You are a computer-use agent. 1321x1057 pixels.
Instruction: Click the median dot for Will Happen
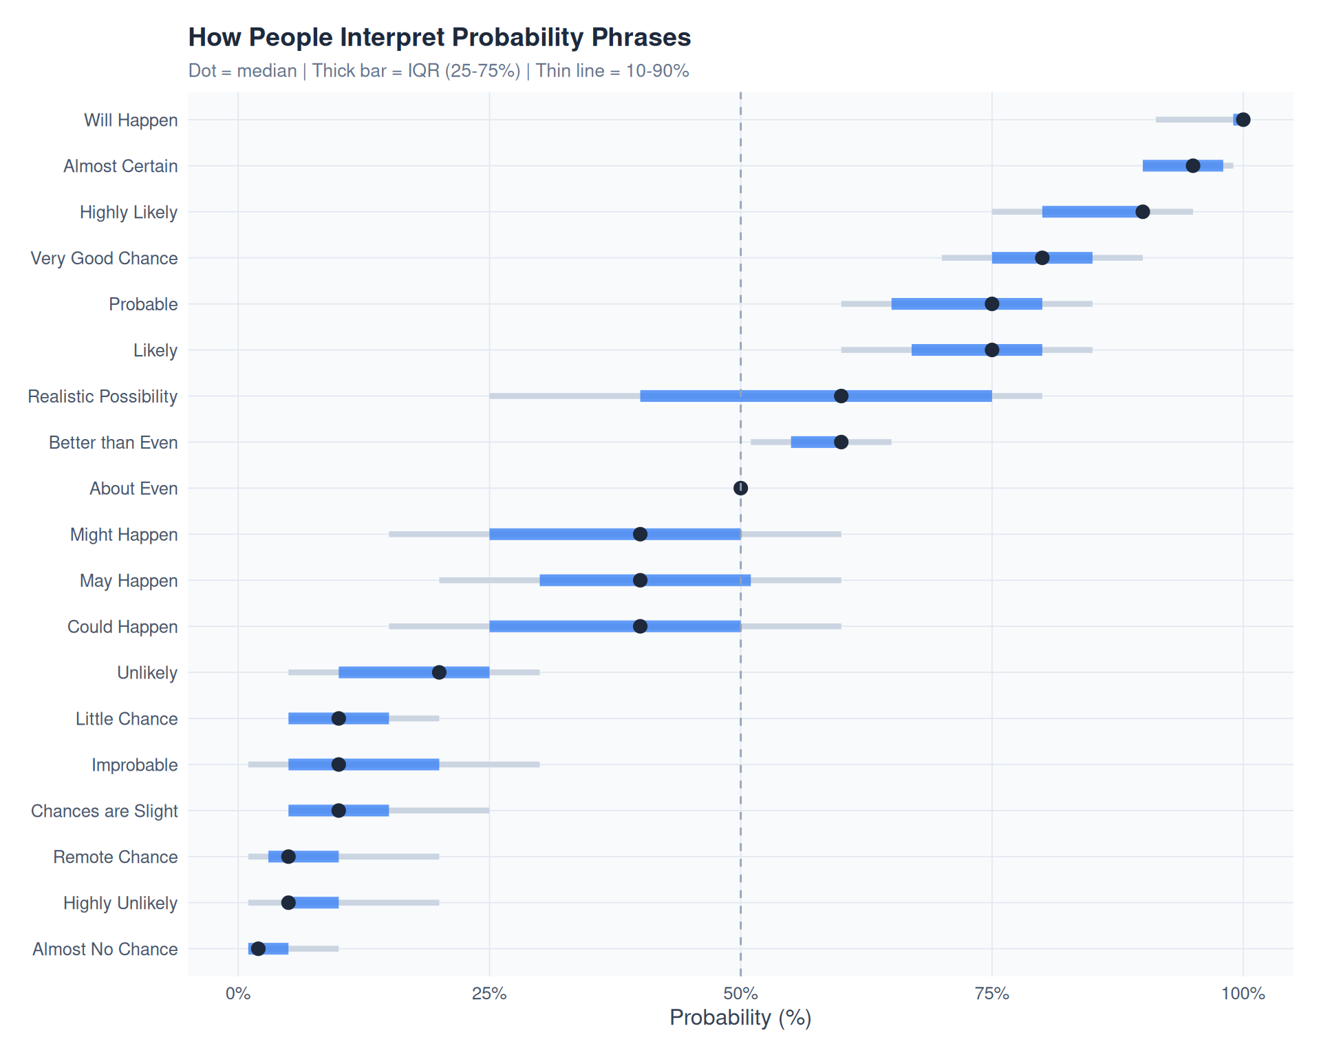point(1243,120)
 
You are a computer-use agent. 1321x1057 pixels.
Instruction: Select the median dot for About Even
point(740,488)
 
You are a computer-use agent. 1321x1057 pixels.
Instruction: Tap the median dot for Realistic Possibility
point(841,396)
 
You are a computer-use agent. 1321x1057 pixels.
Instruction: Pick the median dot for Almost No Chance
point(258,949)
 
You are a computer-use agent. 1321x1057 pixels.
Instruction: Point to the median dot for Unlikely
point(439,672)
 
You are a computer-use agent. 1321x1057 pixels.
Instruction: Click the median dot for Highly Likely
point(1142,212)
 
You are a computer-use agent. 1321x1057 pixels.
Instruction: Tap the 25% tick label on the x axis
point(489,994)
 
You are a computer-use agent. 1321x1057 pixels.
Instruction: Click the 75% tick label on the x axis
point(991,994)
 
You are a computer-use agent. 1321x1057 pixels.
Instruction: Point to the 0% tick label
point(238,994)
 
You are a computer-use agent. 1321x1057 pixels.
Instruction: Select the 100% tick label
point(1243,994)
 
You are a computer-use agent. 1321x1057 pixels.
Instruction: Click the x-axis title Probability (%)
point(740,1018)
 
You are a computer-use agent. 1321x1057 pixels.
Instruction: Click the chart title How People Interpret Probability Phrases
point(439,37)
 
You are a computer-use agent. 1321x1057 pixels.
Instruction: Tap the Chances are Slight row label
point(105,811)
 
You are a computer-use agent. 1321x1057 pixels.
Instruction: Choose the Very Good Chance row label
point(105,258)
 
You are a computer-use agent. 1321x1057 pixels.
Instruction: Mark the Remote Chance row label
point(116,857)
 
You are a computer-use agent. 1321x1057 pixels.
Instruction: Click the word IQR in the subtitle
point(423,71)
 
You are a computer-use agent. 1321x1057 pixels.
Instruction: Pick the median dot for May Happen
point(640,580)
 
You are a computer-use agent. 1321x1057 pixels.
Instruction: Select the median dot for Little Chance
point(339,718)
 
